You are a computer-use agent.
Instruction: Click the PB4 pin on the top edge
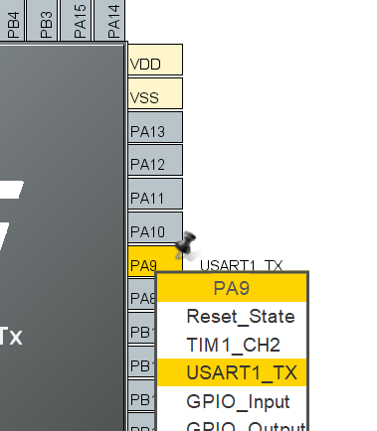pyautogui.click(x=12, y=20)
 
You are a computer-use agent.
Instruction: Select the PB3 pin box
pyautogui.click(x=46, y=20)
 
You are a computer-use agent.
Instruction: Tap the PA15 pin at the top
pyautogui.click(x=80, y=20)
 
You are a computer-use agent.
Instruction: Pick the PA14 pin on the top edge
pyautogui.click(x=112, y=20)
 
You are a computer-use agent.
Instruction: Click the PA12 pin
pyautogui.click(x=156, y=162)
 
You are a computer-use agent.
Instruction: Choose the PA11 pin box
pyautogui.click(x=156, y=196)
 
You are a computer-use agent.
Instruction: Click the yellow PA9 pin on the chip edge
pyautogui.click(x=143, y=264)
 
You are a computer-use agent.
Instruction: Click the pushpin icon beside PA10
pyautogui.click(x=184, y=245)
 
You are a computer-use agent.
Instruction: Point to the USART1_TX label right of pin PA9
pyautogui.click(x=241, y=265)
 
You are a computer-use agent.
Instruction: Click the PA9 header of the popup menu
pyautogui.click(x=232, y=288)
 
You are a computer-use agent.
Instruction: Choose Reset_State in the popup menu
pyautogui.click(x=240, y=317)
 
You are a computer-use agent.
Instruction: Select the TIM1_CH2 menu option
pyautogui.click(x=233, y=346)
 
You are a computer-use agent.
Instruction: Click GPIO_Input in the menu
pyautogui.click(x=238, y=402)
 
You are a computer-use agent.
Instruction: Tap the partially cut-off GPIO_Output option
pyautogui.click(x=238, y=425)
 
